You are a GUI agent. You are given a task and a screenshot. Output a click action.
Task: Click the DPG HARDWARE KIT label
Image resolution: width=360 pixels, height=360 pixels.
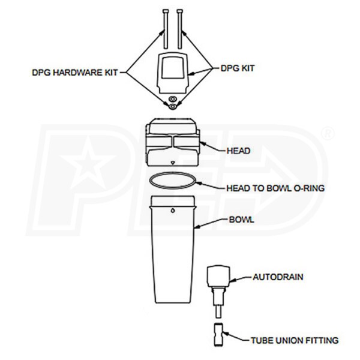pos(74,73)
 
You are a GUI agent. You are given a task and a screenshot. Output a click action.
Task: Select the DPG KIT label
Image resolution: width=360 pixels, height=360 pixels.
pos(238,68)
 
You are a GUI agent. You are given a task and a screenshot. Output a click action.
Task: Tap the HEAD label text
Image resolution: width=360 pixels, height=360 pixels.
pos(238,151)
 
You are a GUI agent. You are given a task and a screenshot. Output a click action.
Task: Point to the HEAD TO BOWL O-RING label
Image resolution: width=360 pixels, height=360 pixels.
pos(275,188)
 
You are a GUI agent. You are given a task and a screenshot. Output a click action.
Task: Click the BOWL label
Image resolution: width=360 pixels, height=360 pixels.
pos(242,220)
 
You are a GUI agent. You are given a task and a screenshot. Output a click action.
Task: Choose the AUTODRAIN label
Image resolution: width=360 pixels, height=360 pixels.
pos(278,277)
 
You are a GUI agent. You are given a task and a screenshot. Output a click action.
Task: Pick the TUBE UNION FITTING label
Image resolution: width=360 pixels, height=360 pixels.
pos(295,340)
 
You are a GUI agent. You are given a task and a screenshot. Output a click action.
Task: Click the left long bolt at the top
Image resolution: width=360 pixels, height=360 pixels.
pos(166,29)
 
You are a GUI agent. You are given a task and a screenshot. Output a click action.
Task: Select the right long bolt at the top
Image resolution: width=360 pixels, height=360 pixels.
pos(180,29)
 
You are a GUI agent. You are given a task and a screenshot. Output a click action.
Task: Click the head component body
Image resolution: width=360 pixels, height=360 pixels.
pos(173,142)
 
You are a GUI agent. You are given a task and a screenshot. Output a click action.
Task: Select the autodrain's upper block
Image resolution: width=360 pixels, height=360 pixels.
pos(218,277)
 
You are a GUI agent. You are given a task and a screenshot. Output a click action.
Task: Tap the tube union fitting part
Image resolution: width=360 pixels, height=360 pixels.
pos(218,335)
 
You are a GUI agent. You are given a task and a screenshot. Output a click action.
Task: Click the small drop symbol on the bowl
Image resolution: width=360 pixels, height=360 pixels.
pos(173,211)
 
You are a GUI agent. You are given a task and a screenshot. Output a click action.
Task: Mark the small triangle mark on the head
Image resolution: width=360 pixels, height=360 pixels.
pos(173,163)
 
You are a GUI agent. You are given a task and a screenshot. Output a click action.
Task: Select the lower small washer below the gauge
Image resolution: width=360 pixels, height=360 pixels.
pos(172,107)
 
